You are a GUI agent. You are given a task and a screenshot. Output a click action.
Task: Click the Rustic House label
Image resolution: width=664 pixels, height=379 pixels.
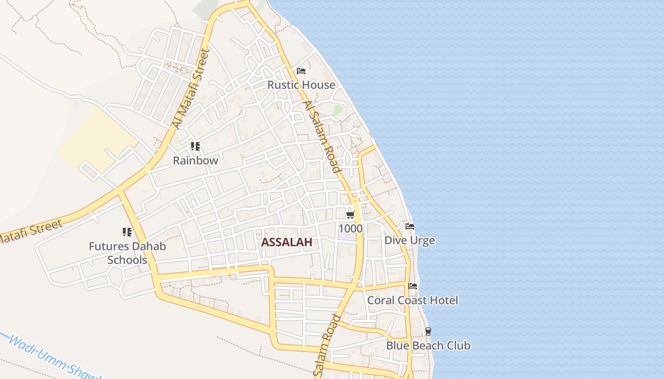coord(301,85)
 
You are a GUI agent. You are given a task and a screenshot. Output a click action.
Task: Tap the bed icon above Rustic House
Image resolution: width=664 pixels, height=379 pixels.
coord(301,72)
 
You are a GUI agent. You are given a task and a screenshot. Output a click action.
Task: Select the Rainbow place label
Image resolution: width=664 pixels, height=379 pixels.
coord(195,161)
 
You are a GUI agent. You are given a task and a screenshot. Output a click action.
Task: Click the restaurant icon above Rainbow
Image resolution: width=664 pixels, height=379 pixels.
coord(195,146)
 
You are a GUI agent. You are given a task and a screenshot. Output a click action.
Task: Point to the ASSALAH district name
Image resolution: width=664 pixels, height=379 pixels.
coord(286,243)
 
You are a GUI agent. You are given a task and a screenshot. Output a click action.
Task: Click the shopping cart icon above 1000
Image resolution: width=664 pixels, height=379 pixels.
coord(350,215)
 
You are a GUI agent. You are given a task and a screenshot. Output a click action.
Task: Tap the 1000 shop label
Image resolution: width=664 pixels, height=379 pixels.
coord(350,229)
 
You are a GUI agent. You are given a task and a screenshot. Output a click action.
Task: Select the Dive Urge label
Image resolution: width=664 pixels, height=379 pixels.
coord(409,241)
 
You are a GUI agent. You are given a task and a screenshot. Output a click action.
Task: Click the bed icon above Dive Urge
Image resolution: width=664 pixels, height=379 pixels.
coord(410,226)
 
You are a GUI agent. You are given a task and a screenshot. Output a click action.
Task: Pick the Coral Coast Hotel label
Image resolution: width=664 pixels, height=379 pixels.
coord(413,300)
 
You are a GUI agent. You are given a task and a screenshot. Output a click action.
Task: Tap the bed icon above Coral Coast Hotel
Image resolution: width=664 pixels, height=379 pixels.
coord(413,286)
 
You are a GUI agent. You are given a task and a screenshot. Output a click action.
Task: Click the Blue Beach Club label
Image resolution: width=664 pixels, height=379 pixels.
coord(428,346)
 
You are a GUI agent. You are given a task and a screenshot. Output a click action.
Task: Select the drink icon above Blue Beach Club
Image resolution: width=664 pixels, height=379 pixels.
coord(428,332)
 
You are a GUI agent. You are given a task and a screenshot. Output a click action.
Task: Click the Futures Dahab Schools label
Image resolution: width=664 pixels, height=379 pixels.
coord(127,253)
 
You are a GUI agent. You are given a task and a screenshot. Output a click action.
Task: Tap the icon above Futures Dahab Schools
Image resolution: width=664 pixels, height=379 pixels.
coord(127,232)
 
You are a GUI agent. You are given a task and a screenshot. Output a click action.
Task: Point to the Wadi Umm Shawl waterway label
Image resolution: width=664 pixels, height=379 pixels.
coord(52,358)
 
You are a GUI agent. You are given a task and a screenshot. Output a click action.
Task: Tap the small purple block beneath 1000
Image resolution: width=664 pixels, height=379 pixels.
coord(347,236)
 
